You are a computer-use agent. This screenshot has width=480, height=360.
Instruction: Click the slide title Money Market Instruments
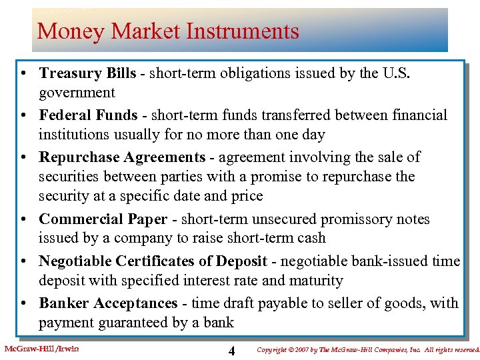click(x=168, y=31)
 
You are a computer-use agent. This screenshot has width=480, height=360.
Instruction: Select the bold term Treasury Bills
click(x=87, y=73)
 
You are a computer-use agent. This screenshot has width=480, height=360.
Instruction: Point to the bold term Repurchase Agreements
click(x=122, y=157)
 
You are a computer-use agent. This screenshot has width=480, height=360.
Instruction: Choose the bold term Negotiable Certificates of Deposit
click(x=153, y=261)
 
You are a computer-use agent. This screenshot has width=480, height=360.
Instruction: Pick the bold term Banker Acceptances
click(x=108, y=303)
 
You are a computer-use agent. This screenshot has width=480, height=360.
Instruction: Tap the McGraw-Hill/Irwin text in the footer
click(x=41, y=349)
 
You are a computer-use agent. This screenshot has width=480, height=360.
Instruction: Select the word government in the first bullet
click(x=77, y=93)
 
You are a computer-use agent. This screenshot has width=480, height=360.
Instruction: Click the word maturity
click(x=318, y=281)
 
